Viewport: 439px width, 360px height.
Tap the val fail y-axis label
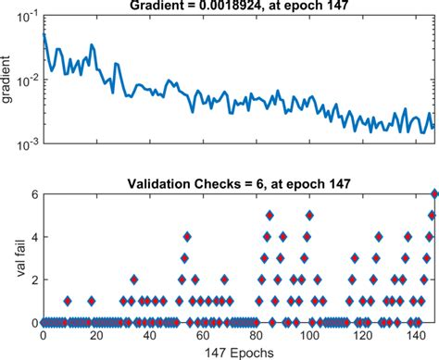[x=8, y=256]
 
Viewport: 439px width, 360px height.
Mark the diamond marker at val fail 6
[x=433, y=193]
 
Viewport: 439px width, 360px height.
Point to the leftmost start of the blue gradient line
[x=44, y=35]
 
